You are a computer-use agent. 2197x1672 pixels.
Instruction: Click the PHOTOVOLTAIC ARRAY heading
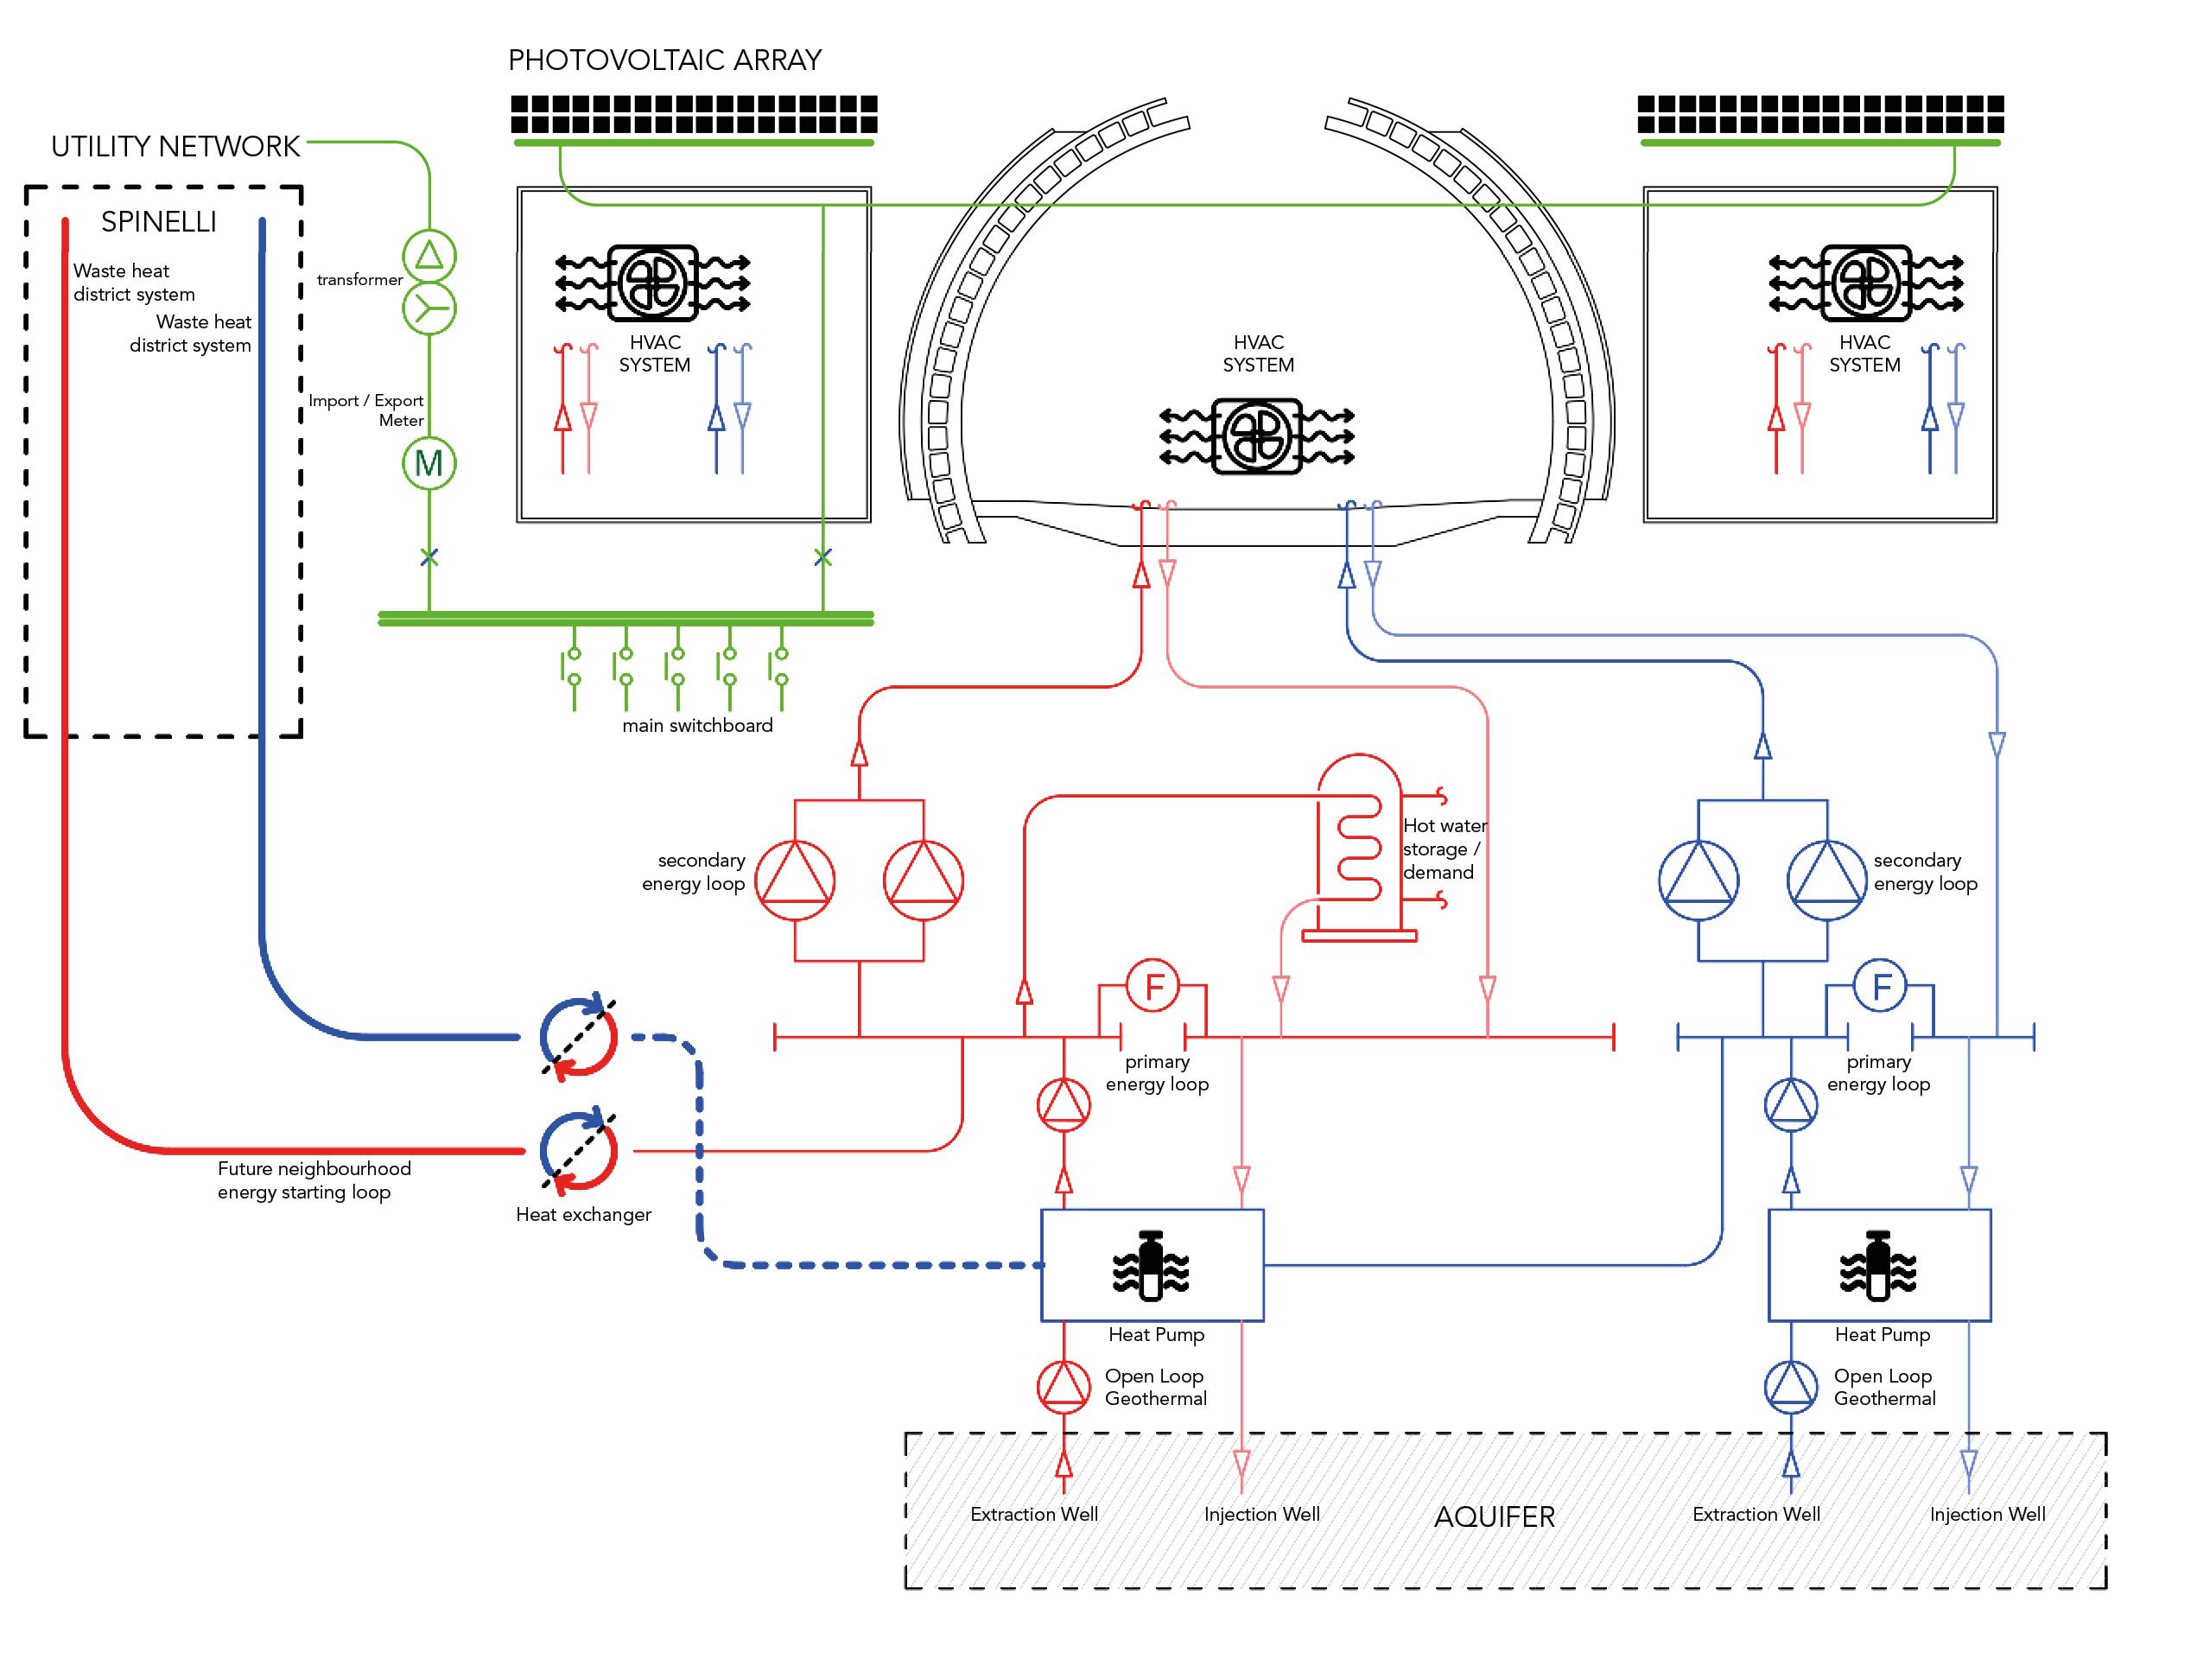[x=664, y=60]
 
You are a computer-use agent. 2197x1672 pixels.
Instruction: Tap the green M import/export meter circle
[x=429, y=463]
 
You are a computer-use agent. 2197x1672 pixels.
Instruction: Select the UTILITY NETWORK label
[x=175, y=147]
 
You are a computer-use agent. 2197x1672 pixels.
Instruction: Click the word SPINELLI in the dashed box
[x=159, y=222]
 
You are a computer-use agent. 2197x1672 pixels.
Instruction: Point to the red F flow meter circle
[x=1153, y=986]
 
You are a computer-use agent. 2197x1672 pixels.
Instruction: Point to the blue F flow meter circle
[x=1881, y=986]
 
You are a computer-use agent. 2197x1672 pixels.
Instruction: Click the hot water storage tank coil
[x=1359, y=846]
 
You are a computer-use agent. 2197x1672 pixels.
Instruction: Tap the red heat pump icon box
[x=1152, y=1266]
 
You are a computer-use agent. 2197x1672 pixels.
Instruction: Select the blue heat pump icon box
[x=1878, y=1266]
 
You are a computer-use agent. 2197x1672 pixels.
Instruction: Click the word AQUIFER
[x=1494, y=1516]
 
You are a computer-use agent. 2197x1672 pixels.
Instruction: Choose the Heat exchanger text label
[x=583, y=1214]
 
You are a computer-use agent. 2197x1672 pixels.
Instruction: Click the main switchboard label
[x=697, y=726]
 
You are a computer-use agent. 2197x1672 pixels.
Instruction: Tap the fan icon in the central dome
[x=1258, y=435]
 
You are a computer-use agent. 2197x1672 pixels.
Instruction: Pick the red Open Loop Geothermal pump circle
[x=1064, y=1386]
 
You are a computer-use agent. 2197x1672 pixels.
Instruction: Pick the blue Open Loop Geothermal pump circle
[x=1791, y=1386]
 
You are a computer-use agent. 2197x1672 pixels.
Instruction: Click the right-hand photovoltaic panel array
[x=1819, y=114]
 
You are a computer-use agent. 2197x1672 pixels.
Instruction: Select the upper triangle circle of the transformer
[x=429, y=256]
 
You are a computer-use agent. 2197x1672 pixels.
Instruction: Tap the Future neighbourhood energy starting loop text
[x=314, y=1180]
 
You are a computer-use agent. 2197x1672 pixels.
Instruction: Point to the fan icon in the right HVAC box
[x=1865, y=283]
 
